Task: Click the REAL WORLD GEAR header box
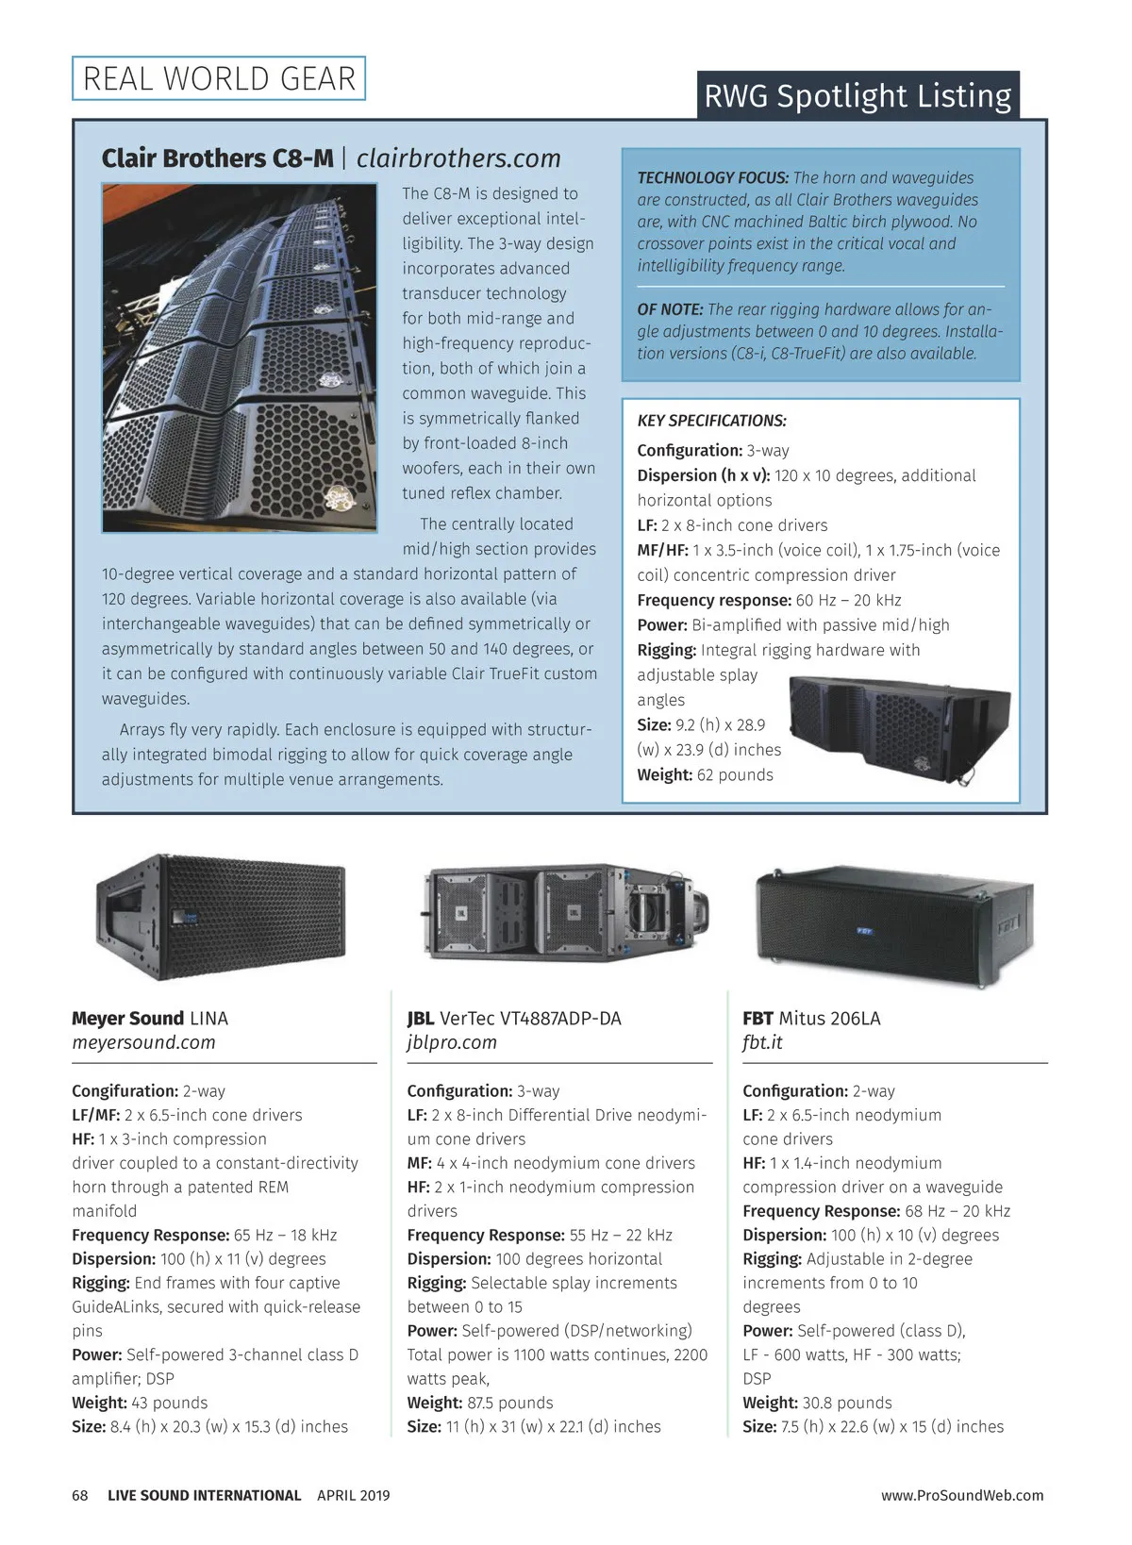[219, 78]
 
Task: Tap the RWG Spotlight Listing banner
[857, 95]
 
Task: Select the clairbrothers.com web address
[458, 158]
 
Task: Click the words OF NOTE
[670, 309]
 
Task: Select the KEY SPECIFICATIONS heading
[711, 421]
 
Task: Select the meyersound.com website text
[143, 1042]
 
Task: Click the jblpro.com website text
[452, 1042]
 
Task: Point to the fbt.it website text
[762, 1042]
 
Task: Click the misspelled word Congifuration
[125, 1091]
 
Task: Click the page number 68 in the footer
[80, 1495]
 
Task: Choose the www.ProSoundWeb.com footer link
[962, 1495]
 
